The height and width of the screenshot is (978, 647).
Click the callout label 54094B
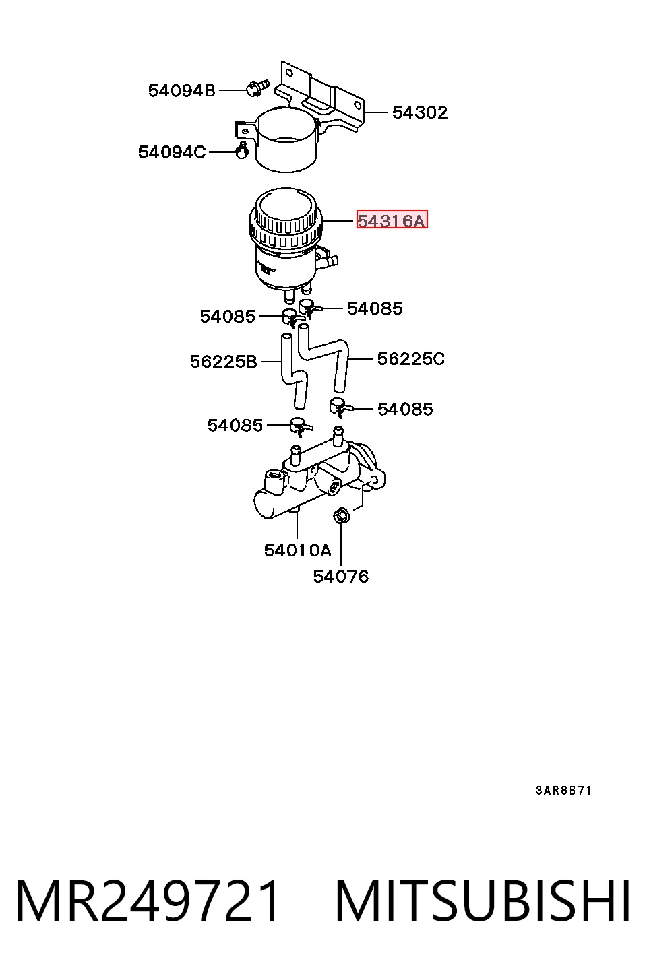pyautogui.click(x=182, y=91)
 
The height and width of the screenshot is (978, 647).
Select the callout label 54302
pyautogui.click(x=420, y=112)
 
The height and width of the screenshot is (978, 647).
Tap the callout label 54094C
pyautogui.click(x=172, y=152)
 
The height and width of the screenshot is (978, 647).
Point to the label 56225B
pyautogui.click(x=223, y=362)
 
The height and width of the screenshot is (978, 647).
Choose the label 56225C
pyautogui.click(x=410, y=359)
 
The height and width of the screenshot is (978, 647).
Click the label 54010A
pyautogui.click(x=297, y=550)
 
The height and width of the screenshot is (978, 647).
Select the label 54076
pyautogui.click(x=341, y=577)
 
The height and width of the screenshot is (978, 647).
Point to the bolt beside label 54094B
pyautogui.click(x=257, y=88)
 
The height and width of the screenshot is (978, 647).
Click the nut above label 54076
pyautogui.click(x=341, y=516)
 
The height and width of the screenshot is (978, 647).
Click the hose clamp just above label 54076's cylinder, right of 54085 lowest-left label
pyautogui.click(x=300, y=426)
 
